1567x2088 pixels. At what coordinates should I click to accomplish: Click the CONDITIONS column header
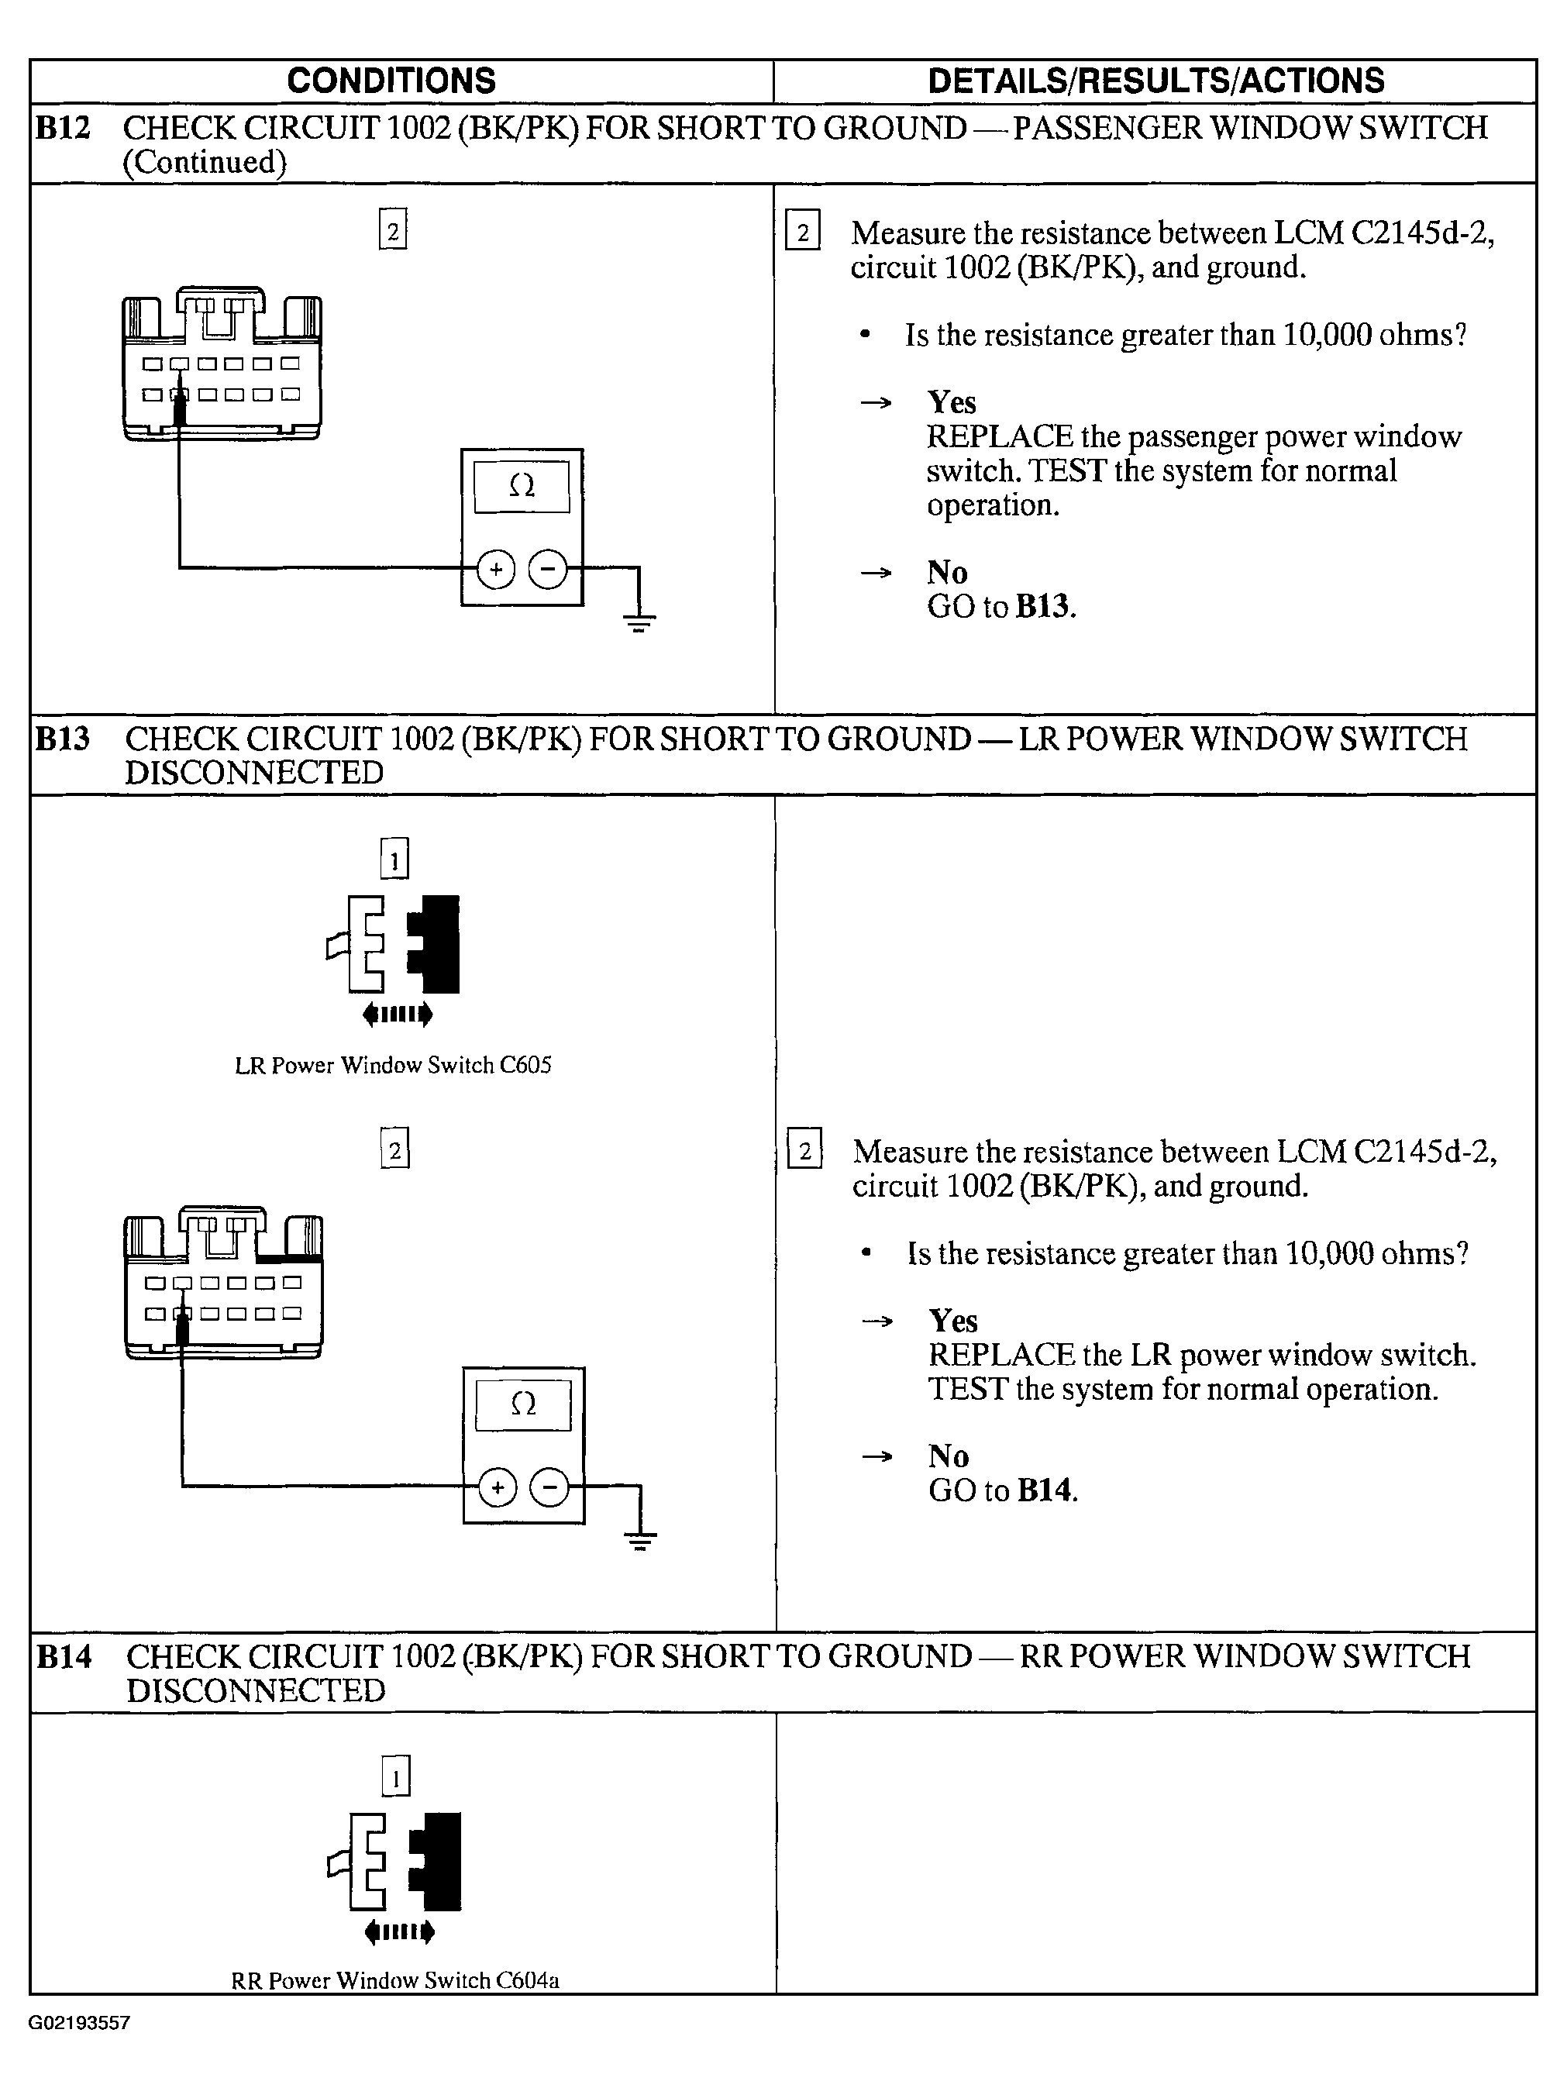point(391,81)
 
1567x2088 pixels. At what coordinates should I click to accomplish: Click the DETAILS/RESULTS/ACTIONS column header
point(1155,81)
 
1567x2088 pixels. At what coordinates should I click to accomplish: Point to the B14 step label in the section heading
point(64,1656)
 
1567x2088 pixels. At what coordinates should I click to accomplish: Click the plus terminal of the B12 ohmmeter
point(495,569)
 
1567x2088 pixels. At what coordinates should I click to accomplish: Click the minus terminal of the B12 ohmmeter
point(547,569)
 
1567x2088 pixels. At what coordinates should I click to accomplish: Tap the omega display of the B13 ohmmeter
point(523,1405)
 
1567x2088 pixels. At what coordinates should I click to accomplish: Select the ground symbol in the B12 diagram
point(639,620)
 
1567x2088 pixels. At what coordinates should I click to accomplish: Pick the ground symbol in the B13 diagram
point(640,1541)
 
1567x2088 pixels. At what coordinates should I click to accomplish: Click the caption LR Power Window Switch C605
point(393,1066)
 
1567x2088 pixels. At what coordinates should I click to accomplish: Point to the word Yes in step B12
point(952,403)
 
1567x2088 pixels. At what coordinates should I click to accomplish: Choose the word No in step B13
point(949,1456)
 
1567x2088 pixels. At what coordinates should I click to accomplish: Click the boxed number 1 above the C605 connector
point(394,859)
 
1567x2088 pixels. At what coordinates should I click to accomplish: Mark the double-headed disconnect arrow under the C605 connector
point(398,1015)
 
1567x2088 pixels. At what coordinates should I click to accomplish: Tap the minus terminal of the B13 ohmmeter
point(549,1489)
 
